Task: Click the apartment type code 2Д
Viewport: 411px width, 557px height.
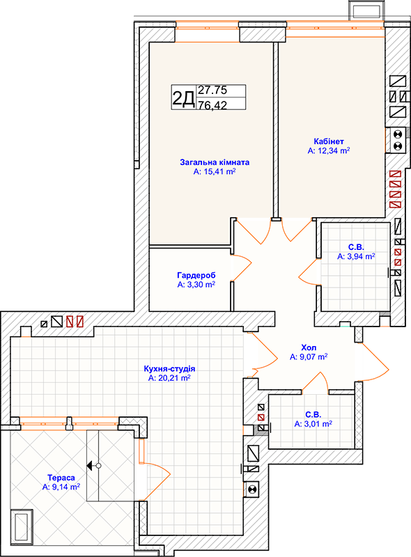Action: (183, 98)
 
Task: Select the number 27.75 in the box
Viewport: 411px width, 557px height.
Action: (212, 91)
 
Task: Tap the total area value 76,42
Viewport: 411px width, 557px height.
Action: (212, 105)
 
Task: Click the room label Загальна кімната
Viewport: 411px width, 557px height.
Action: (215, 162)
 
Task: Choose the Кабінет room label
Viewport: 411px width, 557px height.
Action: (329, 141)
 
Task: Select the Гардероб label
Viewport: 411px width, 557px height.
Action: (196, 275)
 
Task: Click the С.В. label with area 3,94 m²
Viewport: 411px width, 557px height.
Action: (356, 247)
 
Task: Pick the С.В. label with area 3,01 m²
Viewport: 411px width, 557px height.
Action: (313, 414)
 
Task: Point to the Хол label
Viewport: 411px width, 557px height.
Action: (309, 347)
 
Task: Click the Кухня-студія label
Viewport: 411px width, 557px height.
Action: (169, 369)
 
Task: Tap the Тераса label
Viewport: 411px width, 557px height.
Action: (61, 478)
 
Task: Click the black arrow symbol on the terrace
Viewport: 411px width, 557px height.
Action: (90, 465)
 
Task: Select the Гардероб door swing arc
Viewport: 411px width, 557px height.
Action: (242, 267)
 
